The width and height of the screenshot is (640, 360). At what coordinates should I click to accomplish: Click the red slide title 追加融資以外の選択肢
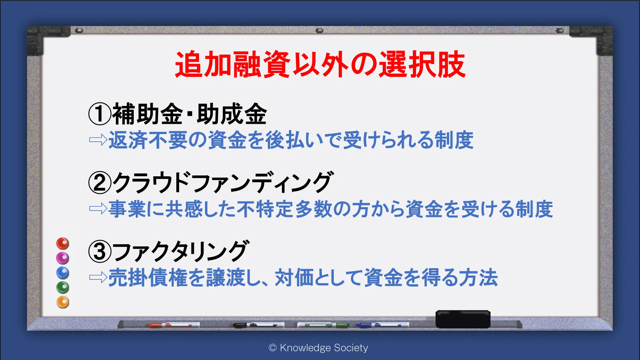coord(320,64)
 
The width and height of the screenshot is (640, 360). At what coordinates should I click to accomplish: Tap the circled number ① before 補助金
coord(100,114)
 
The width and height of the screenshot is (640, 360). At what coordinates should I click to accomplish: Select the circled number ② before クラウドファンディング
coord(100,182)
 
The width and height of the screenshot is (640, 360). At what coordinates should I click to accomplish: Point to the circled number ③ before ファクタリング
coord(100,251)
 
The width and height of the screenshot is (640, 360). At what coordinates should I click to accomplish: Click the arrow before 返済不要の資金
coord(98,140)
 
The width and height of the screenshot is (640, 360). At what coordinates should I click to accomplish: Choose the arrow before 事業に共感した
coord(98,209)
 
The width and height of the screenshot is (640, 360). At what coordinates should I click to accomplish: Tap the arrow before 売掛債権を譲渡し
coord(98,277)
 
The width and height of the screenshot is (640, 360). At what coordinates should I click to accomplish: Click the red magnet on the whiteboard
coord(63,244)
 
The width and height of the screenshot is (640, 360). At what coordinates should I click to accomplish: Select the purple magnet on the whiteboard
coord(63,258)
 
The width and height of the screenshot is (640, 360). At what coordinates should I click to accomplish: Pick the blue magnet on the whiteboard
coord(63,273)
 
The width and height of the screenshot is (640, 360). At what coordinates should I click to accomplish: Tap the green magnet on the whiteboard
coord(63,287)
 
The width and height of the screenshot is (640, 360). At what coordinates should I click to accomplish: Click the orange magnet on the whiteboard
coord(63,302)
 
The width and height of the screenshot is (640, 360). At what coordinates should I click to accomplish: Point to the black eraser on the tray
coord(463,319)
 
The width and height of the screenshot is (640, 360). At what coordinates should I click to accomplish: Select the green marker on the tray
coord(323,325)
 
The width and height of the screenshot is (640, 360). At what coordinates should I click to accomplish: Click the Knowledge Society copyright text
coord(318,348)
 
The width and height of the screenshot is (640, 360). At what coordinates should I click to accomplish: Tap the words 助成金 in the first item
coord(232,114)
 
